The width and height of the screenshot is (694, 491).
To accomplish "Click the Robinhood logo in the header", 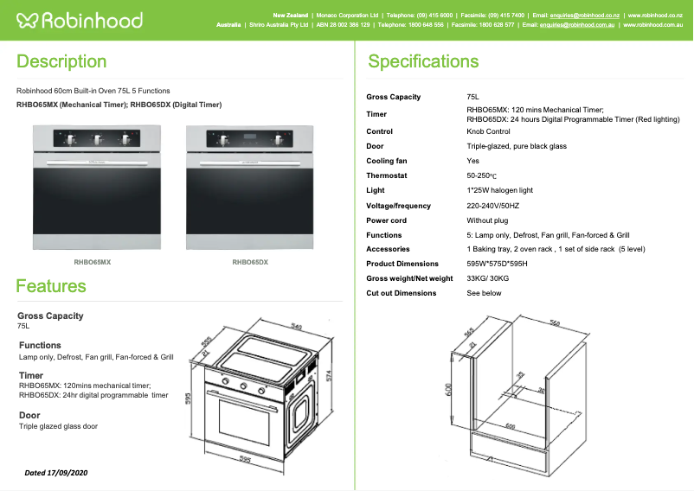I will [x=79, y=20].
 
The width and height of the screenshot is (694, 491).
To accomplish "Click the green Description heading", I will [x=61, y=61].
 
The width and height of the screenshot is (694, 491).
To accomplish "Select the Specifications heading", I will [x=423, y=61].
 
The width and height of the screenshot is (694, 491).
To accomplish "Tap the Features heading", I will [x=51, y=286].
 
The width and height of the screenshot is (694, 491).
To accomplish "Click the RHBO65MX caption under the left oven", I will [x=93, y=261].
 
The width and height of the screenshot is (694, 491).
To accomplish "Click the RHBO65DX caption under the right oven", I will [x=250, y=261].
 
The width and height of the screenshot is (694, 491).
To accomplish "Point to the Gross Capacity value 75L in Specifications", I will [x=473, y=97].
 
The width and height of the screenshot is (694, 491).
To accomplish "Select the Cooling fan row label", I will [x=386, y=161].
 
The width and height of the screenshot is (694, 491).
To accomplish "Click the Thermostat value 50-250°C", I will [x=485, y=175].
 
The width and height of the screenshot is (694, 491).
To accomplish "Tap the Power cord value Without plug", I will [x=487, y=220].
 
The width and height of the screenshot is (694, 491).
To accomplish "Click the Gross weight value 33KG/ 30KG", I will [x=489, y=278].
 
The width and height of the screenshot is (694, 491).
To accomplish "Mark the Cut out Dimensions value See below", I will [x=484, y=293].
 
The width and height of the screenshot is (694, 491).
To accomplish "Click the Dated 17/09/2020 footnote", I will [x=56, y=473].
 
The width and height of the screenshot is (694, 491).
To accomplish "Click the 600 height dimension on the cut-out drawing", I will [x=448, y=391].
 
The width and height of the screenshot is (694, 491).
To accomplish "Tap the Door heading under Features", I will [x=29, y=415].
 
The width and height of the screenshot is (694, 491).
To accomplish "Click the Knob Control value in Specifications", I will [x=488, y=131].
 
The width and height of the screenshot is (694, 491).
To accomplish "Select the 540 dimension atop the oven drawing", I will [x=296, y=327].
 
